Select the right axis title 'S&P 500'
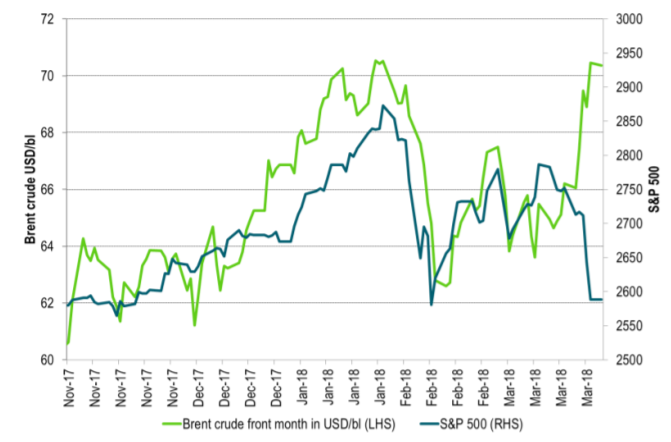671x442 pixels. [x=655, y=189]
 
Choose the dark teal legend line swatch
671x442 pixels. [x=426, y=425]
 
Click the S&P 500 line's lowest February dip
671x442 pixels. [x=431, y=304]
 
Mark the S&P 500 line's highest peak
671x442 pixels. [x=383, y=106]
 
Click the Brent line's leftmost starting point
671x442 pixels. [x=68, y=343]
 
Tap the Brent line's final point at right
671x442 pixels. [x=601, y=66]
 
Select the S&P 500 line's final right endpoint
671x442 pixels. [x=601, y=299]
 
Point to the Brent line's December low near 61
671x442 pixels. [x=194, y=325]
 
